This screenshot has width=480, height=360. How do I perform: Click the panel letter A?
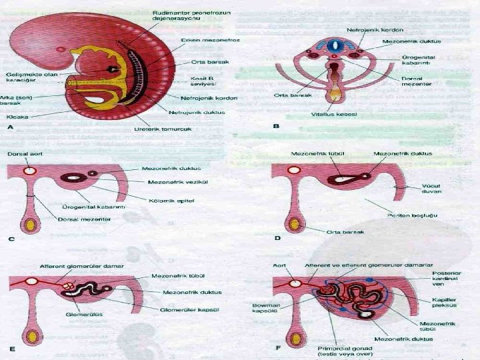(x=10, y=127)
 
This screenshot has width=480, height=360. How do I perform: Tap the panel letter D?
(x=277, y=238)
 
